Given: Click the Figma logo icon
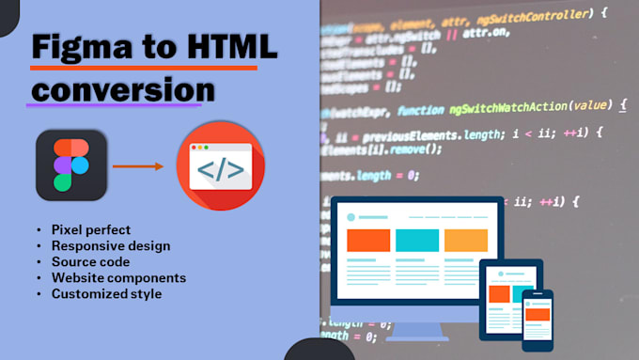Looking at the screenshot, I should point(71,164).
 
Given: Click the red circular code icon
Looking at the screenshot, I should point(221,165).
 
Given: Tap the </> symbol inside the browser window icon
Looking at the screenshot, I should point(221,170).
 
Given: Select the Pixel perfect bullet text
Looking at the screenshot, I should point(92,230).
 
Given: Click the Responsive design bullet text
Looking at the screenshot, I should point(111,246).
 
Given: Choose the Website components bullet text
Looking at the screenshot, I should point(118,278).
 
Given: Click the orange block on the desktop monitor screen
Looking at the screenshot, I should point(367,241).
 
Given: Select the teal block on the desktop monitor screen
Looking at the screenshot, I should point(417,241).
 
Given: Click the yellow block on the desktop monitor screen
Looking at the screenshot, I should point(466,241).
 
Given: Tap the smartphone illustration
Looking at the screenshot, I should point(538,321).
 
